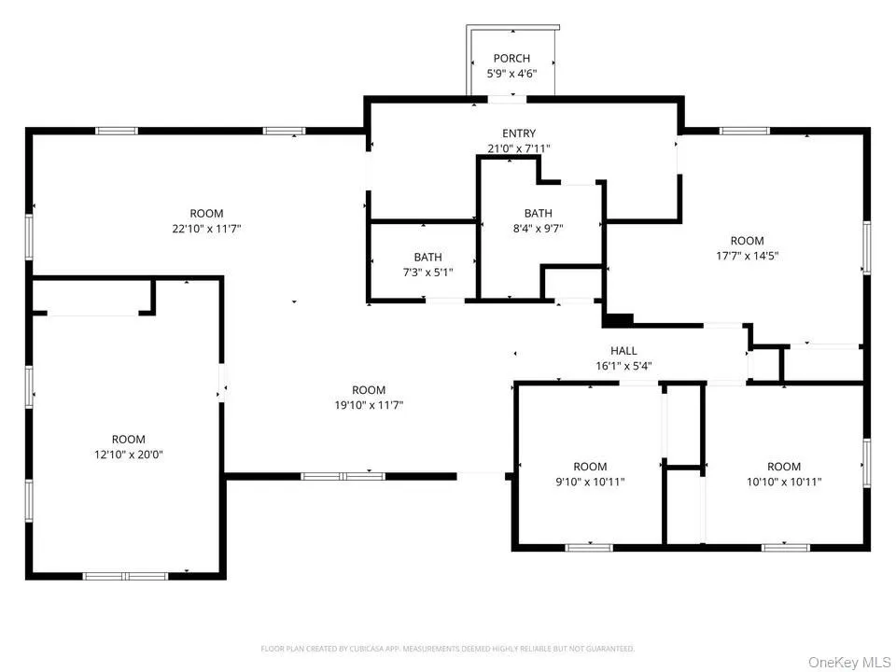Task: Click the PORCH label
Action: [x=511, y=58]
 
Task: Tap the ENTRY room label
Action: [x=519, y=133]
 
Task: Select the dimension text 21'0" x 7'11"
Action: [x=519, y=148]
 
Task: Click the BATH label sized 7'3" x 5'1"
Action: [x=427, y=258]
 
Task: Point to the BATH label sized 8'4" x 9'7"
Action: [x=539, y=213]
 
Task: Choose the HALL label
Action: [x=623, y=351]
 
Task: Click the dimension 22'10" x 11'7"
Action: [x=206, y=230]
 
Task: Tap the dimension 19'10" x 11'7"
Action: [x=369, y=406]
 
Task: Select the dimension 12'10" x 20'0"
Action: [x=129, y=455]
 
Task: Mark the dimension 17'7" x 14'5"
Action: [x=747, y=256]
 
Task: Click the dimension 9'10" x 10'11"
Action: [x=590, y=482]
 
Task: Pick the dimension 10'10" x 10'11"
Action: [x=784, y=482]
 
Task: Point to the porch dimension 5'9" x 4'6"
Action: [x=511, y=74]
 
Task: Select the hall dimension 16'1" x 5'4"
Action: [x=623, y=366]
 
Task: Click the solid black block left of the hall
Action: [x=618, y=320]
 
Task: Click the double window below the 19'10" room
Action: [x=343, y=476]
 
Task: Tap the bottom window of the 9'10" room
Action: [x=589, y=548]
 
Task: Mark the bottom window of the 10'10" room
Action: [x=785, y=548]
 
